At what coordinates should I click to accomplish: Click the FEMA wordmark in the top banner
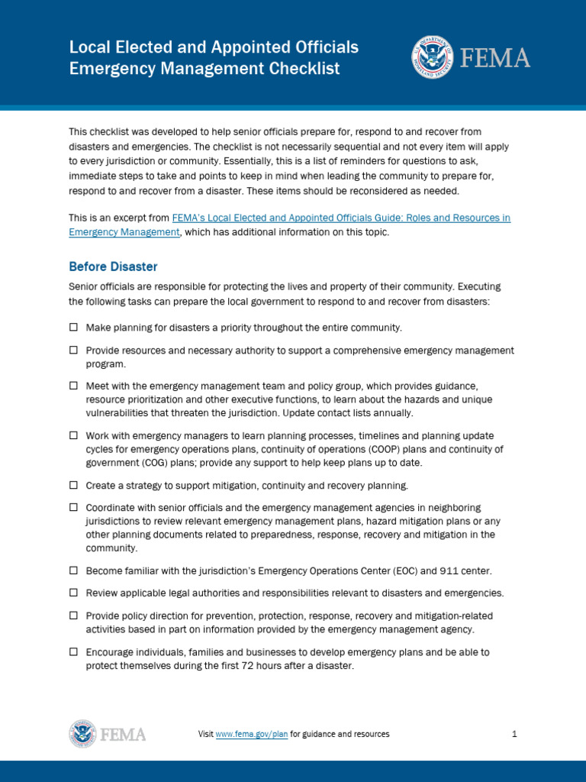494,58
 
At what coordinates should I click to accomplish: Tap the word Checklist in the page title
300,69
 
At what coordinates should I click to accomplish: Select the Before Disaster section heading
113,267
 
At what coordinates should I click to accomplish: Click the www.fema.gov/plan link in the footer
252,734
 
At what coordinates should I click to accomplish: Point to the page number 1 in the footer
515,734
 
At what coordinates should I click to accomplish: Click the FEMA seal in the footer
83,734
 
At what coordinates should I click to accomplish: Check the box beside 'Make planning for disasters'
74,327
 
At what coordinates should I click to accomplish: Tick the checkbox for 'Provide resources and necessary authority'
74,350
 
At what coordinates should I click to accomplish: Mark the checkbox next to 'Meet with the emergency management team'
74,386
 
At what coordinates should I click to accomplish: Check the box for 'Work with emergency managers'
74,435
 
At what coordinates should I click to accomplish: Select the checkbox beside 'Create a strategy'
74,485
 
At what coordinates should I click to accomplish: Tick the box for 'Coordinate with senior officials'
74,507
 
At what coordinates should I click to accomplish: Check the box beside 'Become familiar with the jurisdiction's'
74,570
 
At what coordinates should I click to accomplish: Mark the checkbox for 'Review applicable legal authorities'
74,592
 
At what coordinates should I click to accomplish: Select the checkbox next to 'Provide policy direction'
74,615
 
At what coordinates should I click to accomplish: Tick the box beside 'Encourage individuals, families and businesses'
74,652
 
